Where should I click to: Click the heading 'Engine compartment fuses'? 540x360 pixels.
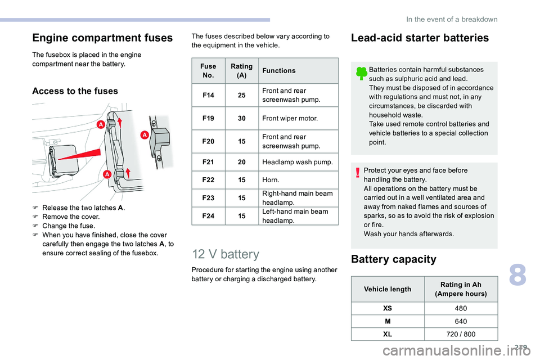click(102, 38)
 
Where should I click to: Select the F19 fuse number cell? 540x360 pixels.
click(208, 118)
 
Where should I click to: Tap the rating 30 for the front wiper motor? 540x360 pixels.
click(242, 118)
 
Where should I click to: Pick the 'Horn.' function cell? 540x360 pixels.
click(298, 180)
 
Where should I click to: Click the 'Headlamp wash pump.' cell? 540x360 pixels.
click(298, 162)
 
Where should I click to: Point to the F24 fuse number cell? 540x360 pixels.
click(208, 216)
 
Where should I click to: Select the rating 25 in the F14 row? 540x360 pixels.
click(242, 95)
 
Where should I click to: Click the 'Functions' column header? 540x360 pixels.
click(279, 71)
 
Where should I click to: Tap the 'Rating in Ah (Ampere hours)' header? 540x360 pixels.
click(461, 289)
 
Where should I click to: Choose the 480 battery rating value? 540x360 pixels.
click(461, 308)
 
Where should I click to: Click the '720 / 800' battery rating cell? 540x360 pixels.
click(461, 334)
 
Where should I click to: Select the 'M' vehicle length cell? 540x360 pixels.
click(388, 321)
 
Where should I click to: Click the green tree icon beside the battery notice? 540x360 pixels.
click(361, 73)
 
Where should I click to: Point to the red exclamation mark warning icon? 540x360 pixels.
click(358, 172)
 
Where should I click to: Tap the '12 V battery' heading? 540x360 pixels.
click(226, 254)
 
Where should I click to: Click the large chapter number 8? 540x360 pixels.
click(518, 274)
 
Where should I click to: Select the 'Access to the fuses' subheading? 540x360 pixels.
click(75, 91)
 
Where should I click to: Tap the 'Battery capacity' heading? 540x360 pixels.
click(394, 259)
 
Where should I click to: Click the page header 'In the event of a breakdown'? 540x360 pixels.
click(452, 19)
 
